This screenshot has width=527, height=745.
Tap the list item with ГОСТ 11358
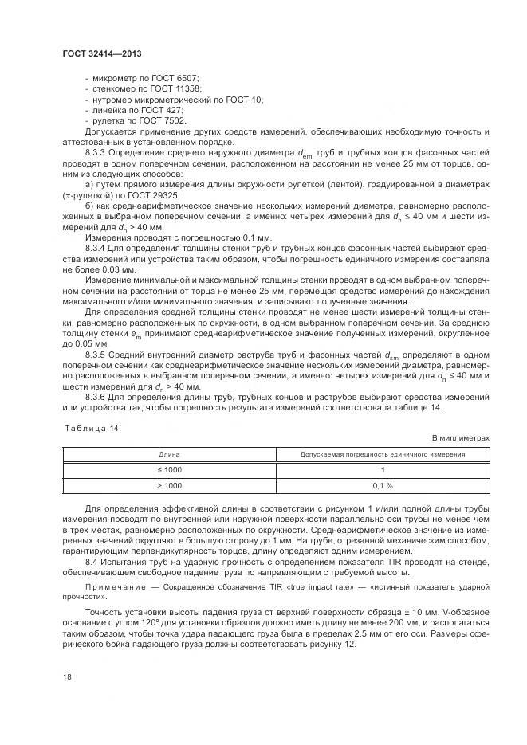point(142,89)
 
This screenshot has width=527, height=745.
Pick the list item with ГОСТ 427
point(134,110)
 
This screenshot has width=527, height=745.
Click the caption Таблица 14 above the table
point(90,428)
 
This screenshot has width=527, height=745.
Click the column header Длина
point(168,453)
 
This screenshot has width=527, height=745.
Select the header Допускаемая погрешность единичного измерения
point(382,453)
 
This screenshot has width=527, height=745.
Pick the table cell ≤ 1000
point(168,469)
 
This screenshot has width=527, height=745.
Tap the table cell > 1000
point(168,485)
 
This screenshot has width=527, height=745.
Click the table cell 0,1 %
point(382,485)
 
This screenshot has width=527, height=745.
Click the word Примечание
point(112,586)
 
